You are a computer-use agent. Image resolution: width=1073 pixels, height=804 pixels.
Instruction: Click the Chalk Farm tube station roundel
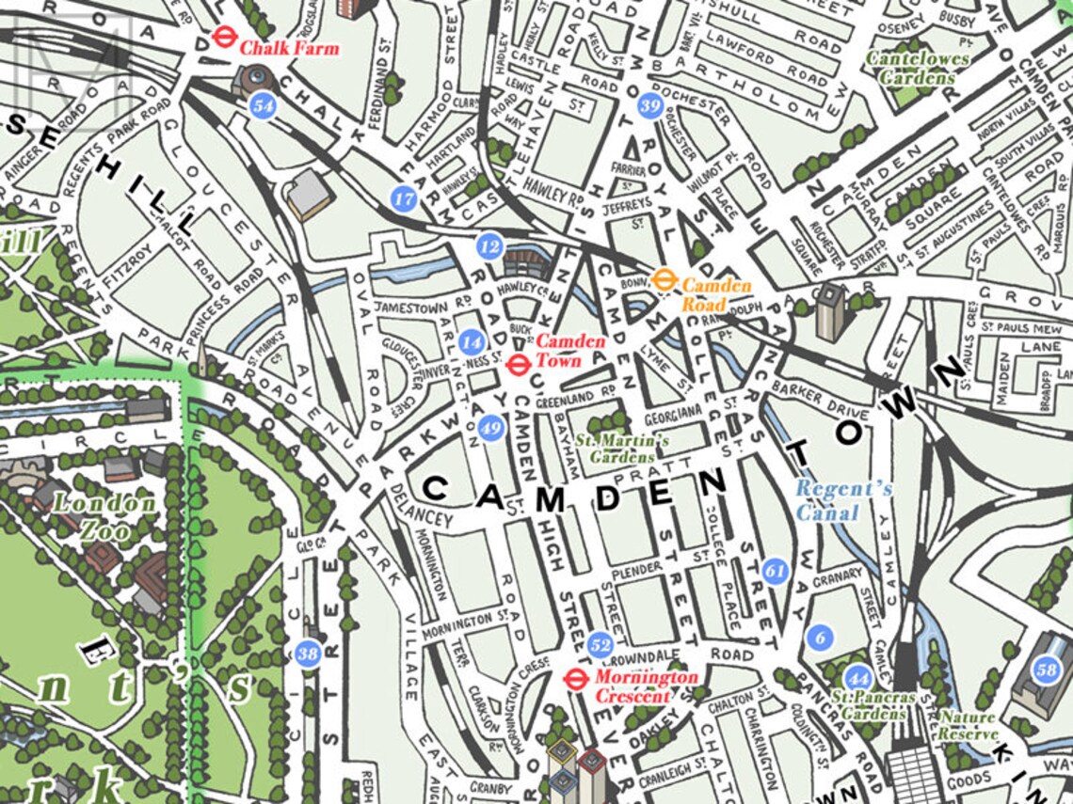pyautogui.click(x=223, y=37)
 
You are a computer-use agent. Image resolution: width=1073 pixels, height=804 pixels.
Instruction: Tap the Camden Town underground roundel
pyautogui.click(x=517, y=365)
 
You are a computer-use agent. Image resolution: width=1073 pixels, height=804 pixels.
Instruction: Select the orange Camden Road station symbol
pyautogui.click(x=665, y=278)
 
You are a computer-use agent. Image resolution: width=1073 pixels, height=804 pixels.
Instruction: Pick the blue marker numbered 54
pyautogui.click(x=264, y=106)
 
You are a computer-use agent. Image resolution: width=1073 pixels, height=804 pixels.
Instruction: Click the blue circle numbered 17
pyautogui.click(x=404, y=198)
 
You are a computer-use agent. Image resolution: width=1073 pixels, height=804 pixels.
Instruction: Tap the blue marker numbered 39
pyautogui.click(x=649, y=106)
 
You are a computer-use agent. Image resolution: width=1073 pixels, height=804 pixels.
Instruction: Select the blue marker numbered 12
pyautogui.click(x=488, y=246)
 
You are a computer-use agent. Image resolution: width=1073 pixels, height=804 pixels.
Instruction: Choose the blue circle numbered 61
pyautogui.click(x=776, y=571)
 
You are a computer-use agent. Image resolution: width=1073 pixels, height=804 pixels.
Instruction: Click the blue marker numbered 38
pyautogui.click(x=308, y=653)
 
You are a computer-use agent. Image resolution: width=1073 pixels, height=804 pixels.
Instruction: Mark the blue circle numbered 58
pyautogui.click(x=1046, y=670)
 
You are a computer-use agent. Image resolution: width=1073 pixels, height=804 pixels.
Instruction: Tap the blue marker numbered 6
pyautogui.click(x=820, y=638)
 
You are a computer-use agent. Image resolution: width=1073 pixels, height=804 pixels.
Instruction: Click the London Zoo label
pyautogui.click(x=104, y=516)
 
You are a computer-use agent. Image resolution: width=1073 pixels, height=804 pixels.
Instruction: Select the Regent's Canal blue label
pyautogui.click(x=830, y=500)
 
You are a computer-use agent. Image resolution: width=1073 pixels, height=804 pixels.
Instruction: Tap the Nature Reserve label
pyautogui.click(x=967, y=725)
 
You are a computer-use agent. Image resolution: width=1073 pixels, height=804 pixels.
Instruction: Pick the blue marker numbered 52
pyautogui.click(x=601, y=645)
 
